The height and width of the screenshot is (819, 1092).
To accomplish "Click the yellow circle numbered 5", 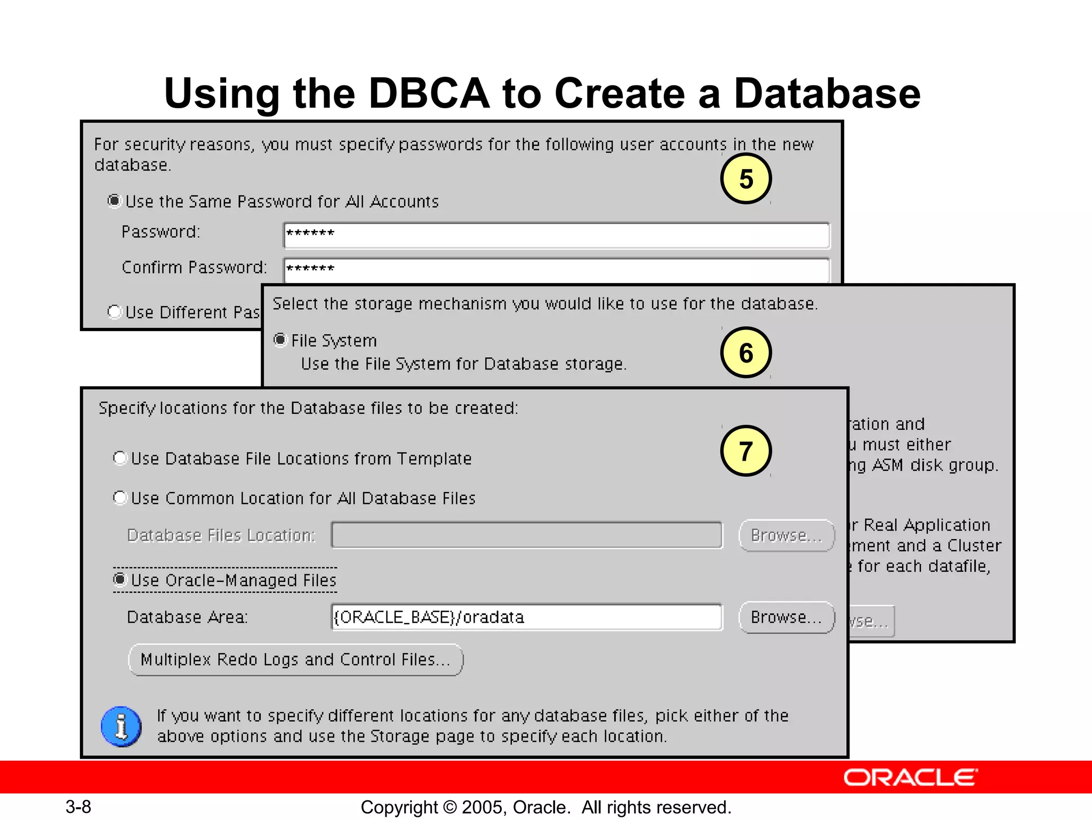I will pyautogui.click(x=745, y=179).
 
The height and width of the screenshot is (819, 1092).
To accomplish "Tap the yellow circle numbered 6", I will pyautogui.click(x=745, y=352).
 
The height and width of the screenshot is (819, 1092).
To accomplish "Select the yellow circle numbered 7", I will pyautogui.click(x=745, y=451).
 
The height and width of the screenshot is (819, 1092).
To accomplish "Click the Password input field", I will pyautogui.click(x=556, y=235).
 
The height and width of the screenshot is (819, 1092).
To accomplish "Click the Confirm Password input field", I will pyautogui.click(x=556, y=270).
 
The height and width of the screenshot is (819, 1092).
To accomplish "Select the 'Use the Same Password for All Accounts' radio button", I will pyautogui.click(x=114, y=201).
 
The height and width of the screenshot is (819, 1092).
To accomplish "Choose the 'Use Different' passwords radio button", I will pyautogui.click(x=114, y=311).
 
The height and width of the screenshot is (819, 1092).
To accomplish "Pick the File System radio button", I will pyautogui.click(x=280, y=340).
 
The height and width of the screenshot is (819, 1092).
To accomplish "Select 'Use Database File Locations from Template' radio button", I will pyautogui.click(x=120, y=458).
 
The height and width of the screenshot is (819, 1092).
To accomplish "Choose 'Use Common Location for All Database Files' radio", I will pyautogui.click(x=120, y=497).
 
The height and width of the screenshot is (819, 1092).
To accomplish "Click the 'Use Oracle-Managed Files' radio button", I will pyautogui.click(x=120, y=580).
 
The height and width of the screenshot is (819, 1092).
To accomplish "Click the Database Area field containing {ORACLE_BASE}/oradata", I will pyautogui.click(x=526, y=617).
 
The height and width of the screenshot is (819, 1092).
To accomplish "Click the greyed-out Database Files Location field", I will pyautogui.click(x=526, y=535).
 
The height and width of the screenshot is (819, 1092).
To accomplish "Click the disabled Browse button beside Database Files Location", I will pyautogui.click(x=786, y=535).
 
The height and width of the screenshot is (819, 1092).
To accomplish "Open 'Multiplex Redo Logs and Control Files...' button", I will pyautogui.click(x=295, y=660).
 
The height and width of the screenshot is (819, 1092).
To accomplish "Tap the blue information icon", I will pyautogui.click(x=121, y=726).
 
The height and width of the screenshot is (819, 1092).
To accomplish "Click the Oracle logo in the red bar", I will pyautogui.click(x=910, y=777).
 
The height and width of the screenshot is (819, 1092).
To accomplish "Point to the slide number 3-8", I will pyautogui.click(x=78, y=807).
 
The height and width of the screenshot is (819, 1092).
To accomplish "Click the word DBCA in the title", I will pyautogui.click(x=429, y=93).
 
